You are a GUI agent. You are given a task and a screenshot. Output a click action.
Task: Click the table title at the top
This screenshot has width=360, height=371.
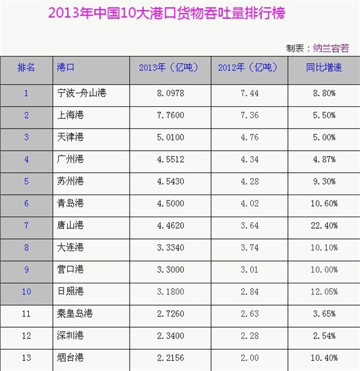167,13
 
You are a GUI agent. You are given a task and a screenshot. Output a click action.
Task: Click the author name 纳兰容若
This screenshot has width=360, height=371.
331,48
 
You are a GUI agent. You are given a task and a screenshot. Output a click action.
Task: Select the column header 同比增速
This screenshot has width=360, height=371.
324,67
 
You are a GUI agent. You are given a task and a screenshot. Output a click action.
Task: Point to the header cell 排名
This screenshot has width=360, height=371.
26,67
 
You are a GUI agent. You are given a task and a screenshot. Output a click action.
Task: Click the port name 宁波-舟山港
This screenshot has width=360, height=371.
82,93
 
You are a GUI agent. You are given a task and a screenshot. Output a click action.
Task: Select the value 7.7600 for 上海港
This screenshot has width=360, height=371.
170,115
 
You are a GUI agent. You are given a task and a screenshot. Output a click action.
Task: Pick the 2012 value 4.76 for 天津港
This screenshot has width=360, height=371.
250,137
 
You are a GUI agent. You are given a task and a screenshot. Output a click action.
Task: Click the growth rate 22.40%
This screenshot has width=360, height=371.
324,226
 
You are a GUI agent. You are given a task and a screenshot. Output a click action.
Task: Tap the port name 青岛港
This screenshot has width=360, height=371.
70,204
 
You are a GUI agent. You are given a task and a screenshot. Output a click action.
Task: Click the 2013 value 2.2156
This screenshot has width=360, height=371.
170,358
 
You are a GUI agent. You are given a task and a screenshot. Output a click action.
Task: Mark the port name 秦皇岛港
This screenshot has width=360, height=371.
75,313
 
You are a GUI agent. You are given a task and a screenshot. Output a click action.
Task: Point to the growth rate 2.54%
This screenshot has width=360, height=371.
324,336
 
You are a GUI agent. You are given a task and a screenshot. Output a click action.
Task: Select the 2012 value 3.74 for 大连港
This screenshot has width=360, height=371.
250,247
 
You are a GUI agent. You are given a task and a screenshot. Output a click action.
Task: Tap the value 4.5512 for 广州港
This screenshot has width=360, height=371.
170,159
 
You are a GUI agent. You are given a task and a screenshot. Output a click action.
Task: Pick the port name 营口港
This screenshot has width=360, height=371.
70,270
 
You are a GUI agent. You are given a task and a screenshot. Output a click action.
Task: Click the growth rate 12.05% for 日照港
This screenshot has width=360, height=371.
324,292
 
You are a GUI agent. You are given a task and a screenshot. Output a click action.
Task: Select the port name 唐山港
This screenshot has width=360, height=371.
70,225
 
